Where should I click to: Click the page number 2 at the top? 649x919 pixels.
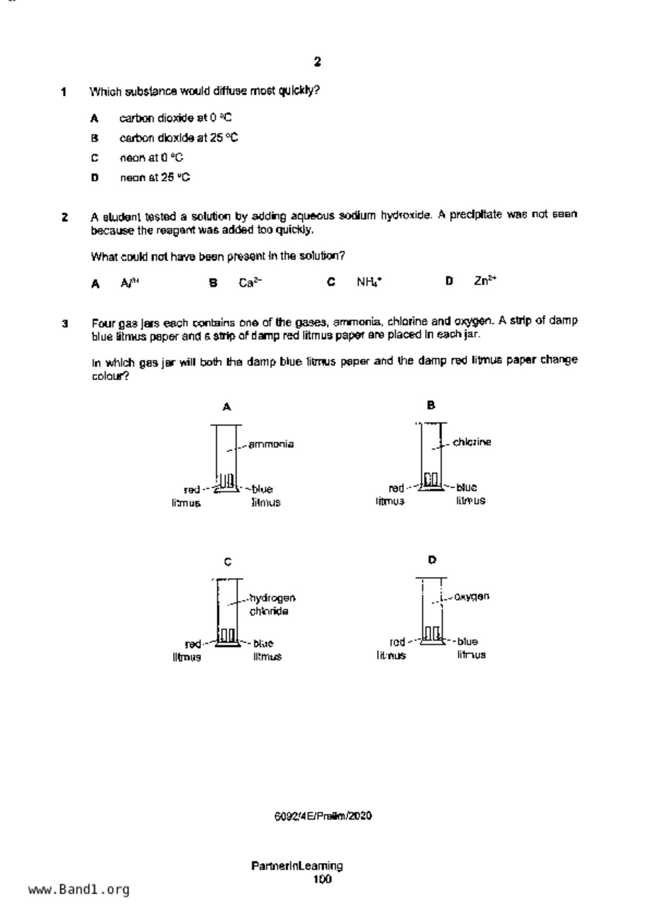point(317,62)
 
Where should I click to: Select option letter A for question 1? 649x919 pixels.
point(94,118)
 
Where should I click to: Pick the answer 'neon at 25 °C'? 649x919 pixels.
point(155,178)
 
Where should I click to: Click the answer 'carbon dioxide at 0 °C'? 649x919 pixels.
point(175,118)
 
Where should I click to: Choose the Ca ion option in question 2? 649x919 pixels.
point(250,283)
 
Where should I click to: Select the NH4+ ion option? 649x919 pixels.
point(369,282)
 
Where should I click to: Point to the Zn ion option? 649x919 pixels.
point(485,281)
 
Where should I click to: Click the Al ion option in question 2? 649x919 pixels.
point(129,283)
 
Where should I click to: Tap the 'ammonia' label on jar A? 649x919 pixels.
point(271,444)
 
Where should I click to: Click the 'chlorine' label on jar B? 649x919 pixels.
point(472,442)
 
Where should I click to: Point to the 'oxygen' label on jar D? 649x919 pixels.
point(472,596)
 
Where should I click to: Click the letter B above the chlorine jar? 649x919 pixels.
point(431,405)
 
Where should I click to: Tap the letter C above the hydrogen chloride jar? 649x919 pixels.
point(227,562)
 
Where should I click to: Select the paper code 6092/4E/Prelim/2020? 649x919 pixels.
point(323,816)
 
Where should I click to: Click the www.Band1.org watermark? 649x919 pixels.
point(79,890)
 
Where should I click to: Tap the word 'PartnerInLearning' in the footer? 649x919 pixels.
point(297,866)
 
